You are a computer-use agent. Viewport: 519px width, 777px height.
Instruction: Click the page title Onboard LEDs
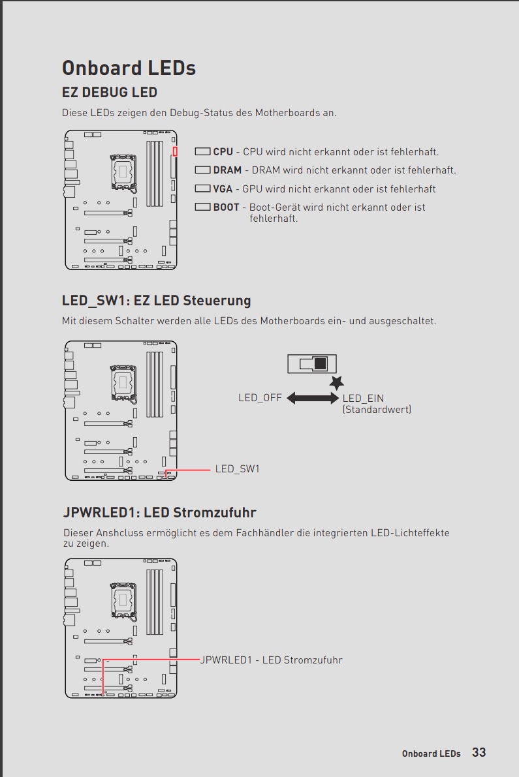coord(129,69)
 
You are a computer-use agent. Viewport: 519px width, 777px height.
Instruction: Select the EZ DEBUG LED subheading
coord(110,93)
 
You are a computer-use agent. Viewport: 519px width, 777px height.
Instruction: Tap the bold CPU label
coord(223,151)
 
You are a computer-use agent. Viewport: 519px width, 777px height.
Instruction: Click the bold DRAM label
coord(228,170)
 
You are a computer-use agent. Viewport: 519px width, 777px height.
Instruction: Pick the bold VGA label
coord(223,189)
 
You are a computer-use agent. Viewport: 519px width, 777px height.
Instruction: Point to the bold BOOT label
coord(226,207)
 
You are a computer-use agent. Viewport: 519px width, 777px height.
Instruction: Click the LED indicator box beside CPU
coord(203,151)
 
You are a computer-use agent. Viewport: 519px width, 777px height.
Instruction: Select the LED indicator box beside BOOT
coord(203,207)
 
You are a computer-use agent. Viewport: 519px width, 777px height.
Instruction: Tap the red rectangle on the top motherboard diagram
coord(175,151)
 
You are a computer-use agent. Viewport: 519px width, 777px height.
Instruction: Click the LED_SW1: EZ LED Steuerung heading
coord(157,301)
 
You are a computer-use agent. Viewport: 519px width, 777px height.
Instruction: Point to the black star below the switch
coord(337,382)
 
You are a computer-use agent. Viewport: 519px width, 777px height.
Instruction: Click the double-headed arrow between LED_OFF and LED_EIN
coord(313,398)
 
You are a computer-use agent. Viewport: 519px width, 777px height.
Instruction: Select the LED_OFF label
coord(260,398)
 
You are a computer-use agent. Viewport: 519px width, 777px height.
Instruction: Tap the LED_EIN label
coord(364,398)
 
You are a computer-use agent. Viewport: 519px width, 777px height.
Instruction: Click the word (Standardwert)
coord(377,409)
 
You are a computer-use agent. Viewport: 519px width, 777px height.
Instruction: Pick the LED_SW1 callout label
coord(238,469)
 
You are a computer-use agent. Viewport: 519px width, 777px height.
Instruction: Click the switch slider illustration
coord(312,364)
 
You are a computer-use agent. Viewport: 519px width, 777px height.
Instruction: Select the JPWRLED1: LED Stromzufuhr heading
coord(159,512)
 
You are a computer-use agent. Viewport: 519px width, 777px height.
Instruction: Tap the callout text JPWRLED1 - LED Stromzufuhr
coord(271,660)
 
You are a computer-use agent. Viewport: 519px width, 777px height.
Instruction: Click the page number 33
coord(479,752)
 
